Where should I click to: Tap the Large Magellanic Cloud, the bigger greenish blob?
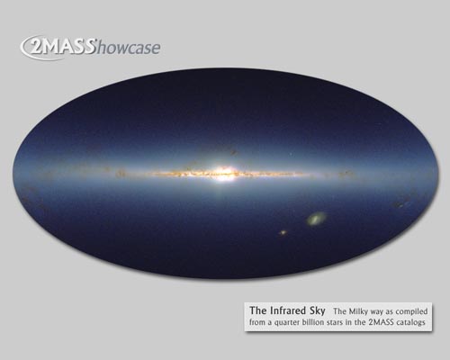[316, 218]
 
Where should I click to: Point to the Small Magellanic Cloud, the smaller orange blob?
[283, 232]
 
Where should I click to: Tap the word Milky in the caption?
[356, 311]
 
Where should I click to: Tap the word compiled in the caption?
[411, 311]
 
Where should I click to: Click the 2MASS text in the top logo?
[62, 48]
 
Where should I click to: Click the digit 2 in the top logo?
[36, 49]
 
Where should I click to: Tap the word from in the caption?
[256, 322]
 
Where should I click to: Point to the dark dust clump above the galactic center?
[234, 152]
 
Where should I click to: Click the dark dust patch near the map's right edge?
[400, 205]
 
